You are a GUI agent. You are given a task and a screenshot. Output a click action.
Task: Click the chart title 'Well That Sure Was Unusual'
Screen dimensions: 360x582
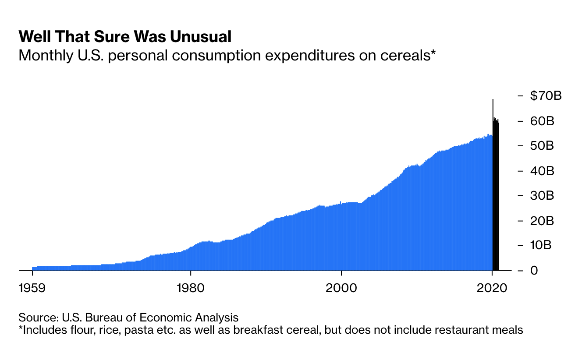[x=125, y=37]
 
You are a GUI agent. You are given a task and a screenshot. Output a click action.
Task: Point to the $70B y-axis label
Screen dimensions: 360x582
[x=545, y=95]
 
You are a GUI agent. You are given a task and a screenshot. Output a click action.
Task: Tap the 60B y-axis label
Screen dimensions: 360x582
[x=542, y=120]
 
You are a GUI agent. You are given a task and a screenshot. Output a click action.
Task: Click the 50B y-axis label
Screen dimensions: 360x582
[x=542, y=145]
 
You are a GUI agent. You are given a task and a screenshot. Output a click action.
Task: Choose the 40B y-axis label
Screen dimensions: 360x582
[x=542, y=170]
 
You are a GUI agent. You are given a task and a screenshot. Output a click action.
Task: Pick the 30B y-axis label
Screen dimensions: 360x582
[x=542, y=195]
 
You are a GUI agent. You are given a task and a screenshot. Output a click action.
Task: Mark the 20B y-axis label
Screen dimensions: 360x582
[x=542, y=220]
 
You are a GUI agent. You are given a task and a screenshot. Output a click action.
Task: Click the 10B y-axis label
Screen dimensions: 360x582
[x=542, y=245]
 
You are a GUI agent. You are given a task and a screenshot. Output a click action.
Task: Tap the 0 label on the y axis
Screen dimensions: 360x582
[x=534, y=270]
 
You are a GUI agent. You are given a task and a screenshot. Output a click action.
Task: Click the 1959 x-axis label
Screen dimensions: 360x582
[x=32, y=289]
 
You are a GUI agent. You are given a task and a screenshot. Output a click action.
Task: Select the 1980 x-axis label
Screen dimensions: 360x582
[x=190, y=289]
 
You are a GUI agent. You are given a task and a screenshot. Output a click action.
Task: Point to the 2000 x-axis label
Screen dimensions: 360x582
[x=341, y=289]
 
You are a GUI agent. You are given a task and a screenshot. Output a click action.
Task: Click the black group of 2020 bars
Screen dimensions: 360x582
[x=496, y=197]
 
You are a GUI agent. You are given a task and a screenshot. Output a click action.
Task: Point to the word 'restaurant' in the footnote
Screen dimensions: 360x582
[x=464, y=330]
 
